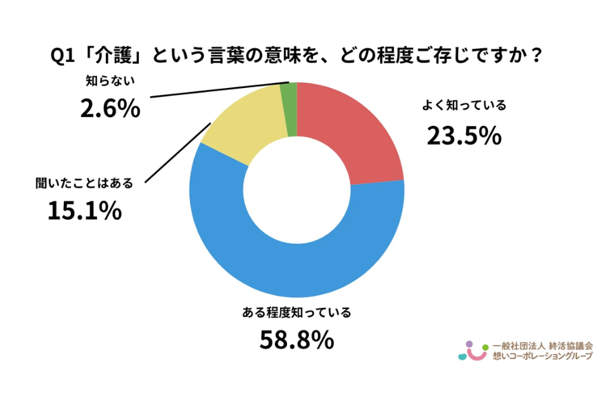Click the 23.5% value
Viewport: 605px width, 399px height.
464,135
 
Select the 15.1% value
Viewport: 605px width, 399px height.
85,211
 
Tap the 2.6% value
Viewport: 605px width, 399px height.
110,109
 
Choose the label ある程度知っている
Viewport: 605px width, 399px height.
296,312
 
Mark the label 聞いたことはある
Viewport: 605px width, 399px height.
85,184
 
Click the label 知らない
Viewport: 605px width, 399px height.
110,81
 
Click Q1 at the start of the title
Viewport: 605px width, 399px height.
62,56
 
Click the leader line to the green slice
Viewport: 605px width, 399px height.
215,90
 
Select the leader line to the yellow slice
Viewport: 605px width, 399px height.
177,152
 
